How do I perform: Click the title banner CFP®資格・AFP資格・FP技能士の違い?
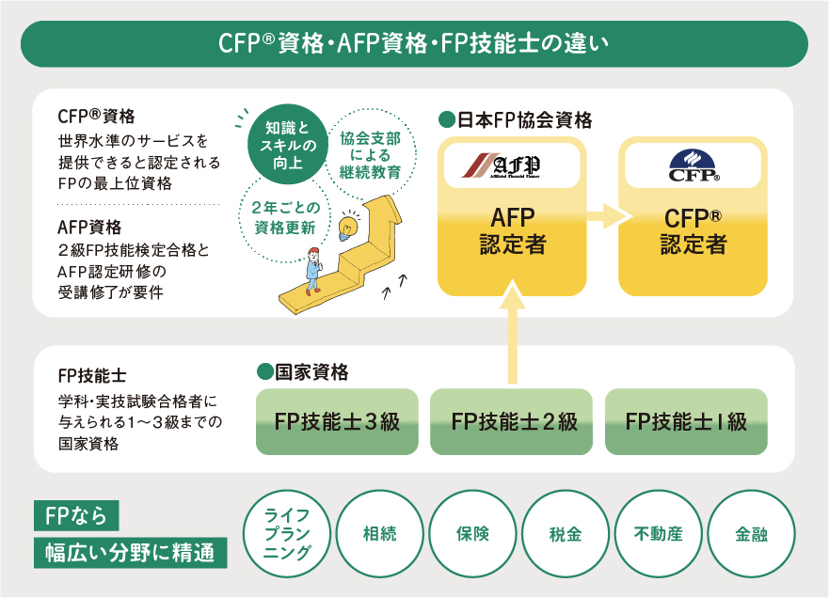[x=414, y=43]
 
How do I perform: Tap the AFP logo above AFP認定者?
[x=512, y=165]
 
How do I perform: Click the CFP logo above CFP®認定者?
[x=693, y=165]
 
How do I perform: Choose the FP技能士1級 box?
[x=686, y=421]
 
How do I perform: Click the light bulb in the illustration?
[x=350, y=228]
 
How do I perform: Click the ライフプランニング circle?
[x=287, y=534]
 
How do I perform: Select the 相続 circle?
[x=379, y=534]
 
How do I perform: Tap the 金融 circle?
[x=750, y=534]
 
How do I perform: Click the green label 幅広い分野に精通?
[x=131, y=552]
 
